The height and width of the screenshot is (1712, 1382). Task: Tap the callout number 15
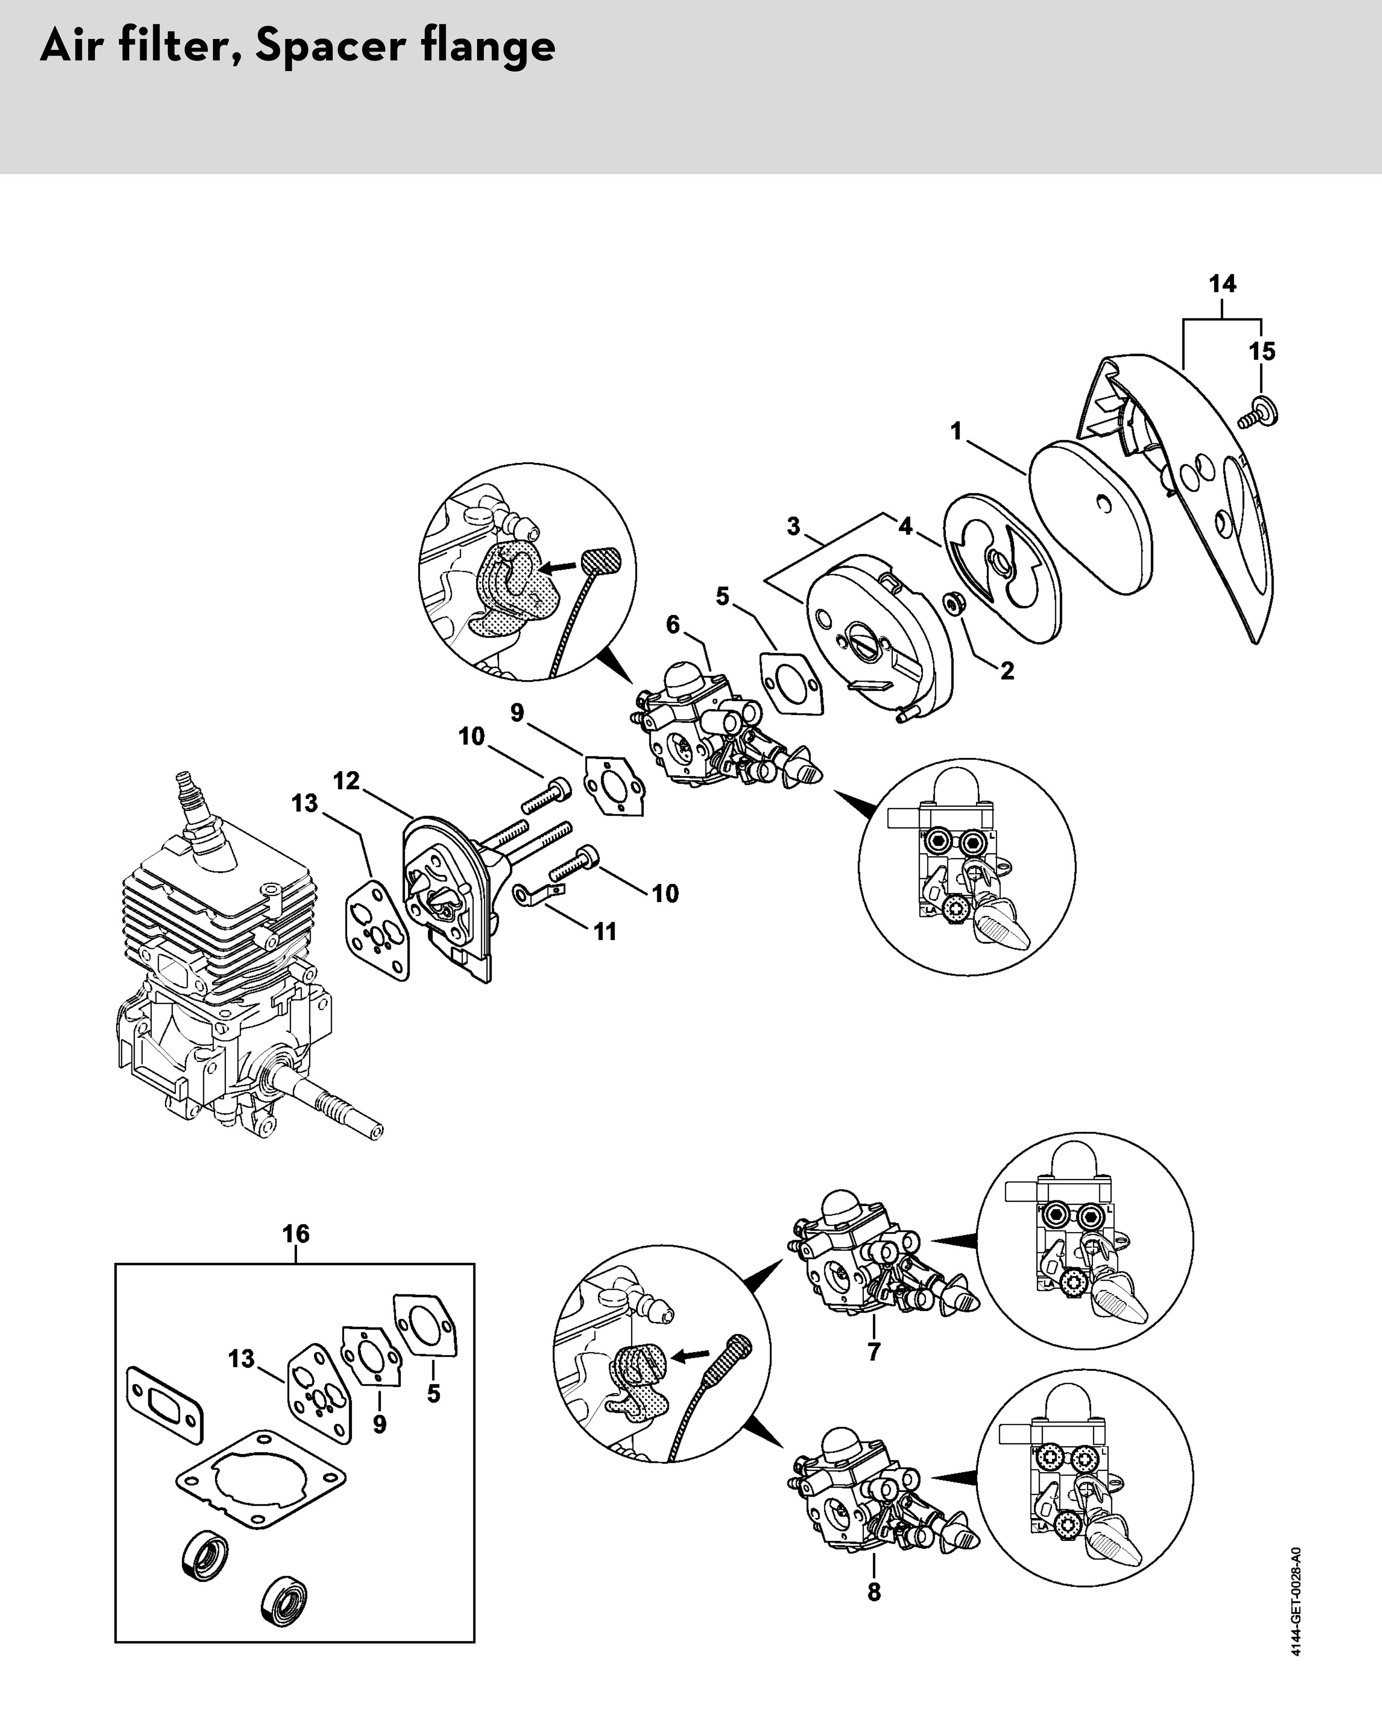(x=1262, y=351)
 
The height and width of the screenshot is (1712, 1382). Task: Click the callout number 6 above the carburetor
(x=673, y=625)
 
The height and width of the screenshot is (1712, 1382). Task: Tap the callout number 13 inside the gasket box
(x=241, y=1359)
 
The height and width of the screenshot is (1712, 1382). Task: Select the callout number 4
(x=905, y=526)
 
